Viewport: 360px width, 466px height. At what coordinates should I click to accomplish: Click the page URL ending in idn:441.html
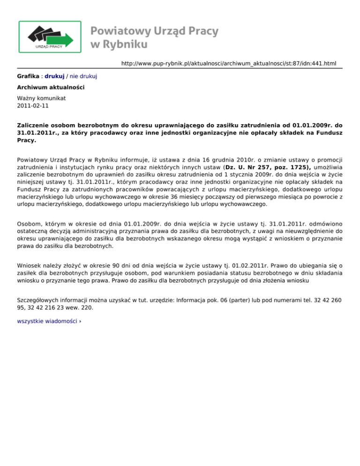229,63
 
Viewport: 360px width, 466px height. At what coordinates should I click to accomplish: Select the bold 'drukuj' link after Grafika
54,75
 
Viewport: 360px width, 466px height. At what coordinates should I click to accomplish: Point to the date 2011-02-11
32,106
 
